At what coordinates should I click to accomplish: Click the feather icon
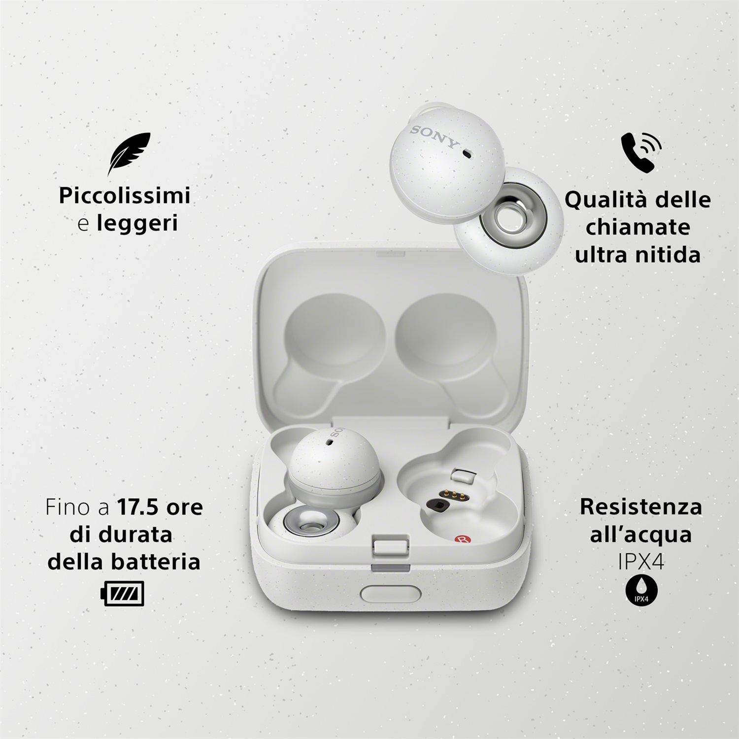[129, 154]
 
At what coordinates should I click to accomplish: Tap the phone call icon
[640, 152]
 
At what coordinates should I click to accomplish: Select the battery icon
[122, 593]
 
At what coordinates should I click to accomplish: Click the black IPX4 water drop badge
[641, 590]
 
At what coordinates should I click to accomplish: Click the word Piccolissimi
[124, 196]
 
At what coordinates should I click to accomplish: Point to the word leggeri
[137, 223]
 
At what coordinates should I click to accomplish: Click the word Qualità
[599, 200]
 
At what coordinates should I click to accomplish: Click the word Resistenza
[640, 507]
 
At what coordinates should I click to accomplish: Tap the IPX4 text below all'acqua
[641, 562]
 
